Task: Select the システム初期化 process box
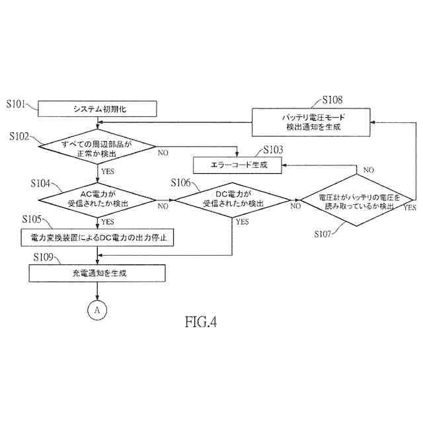(98, 108)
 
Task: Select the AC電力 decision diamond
(98, 199)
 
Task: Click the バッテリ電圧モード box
(313, 122)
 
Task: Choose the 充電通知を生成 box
(98, 272)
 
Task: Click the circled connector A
(97, 309)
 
